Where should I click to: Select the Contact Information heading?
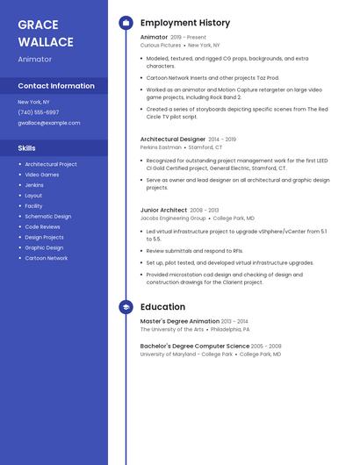[56, 86]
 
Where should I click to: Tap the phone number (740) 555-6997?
[39, 112]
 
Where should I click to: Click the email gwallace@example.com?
[49, 123]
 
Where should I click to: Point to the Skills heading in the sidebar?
[27, 148]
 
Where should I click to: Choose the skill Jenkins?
[34, 185]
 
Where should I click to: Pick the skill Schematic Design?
[48, 216]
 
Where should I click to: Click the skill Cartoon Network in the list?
[47, 258]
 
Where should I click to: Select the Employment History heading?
[185, 23]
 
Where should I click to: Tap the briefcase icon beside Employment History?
[126, 23]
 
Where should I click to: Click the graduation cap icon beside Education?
[126, 307]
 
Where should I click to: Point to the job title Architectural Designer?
[173, 139]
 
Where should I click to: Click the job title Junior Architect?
[163, 210]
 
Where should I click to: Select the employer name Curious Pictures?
[161, 45]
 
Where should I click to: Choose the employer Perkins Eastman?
[161, 147]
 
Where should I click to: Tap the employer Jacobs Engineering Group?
[173, 218]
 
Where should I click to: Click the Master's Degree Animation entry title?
[180, 321]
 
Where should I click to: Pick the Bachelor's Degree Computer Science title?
[194, 346]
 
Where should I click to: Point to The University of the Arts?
[172, 329]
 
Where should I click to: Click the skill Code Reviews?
[43, 226]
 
